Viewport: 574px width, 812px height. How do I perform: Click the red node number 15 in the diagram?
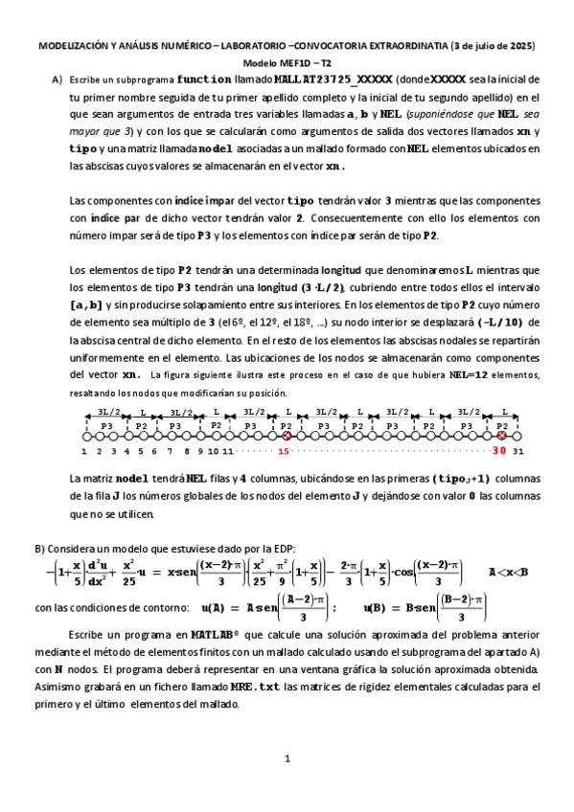(284, 450)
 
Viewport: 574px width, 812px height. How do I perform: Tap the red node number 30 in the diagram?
(499, 450)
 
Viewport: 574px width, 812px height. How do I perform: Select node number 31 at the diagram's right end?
(518, 450)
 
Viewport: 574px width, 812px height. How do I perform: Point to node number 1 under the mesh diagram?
(84, 450)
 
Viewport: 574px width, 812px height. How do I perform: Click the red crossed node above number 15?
(286, 436)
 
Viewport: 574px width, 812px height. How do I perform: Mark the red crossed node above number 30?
(501, 436)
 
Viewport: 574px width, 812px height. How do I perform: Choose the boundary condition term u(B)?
(378, 607)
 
